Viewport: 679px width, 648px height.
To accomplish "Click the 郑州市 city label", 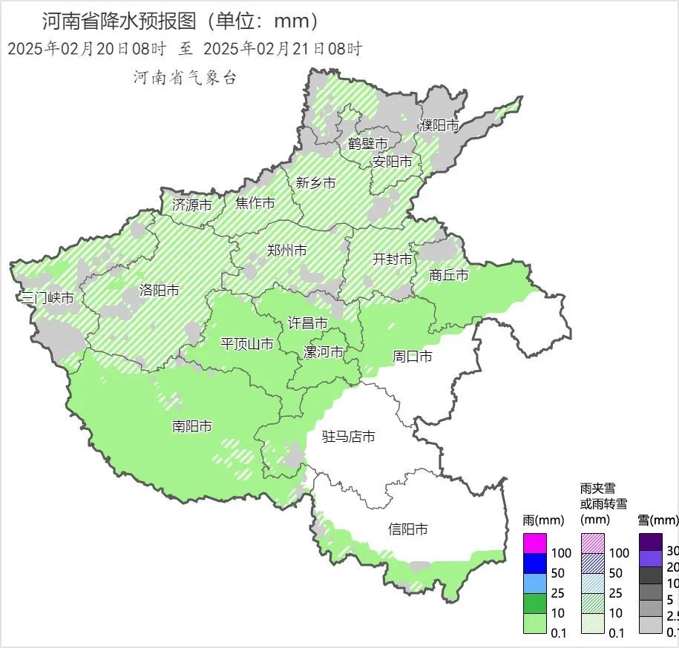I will point(288,251).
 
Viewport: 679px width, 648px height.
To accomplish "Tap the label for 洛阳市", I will point(160,291).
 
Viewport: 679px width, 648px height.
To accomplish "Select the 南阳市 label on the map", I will point(192,426).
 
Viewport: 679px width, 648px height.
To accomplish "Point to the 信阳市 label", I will point(408,529).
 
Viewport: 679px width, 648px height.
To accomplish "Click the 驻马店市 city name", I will point(348,437).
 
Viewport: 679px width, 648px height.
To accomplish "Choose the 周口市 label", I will point(412,357).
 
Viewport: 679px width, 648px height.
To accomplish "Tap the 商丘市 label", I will point(449,275).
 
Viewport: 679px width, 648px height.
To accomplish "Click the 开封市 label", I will point(392,259).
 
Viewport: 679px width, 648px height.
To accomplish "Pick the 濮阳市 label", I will point(439,125).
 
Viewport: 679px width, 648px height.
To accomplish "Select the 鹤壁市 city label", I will point(368,143).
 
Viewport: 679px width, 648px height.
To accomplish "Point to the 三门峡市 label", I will point(47,298).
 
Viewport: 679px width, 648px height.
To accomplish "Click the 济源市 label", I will point(191,205).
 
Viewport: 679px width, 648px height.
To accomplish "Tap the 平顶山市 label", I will point(247,344).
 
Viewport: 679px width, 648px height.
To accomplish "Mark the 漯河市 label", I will point(324,352).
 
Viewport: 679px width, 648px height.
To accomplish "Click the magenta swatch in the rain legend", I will point(534,543).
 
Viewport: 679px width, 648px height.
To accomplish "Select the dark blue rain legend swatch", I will point(534,563).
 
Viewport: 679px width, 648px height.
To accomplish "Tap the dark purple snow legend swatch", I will point(651,542).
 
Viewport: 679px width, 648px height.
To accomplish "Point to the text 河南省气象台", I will point(185,78).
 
